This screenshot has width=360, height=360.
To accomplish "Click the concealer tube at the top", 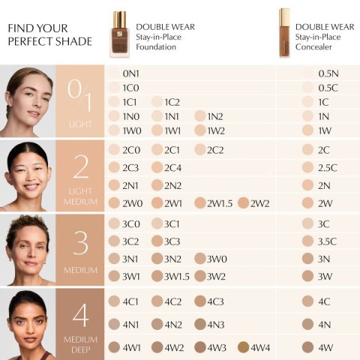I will [284, 32].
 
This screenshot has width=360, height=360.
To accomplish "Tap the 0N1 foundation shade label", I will [132, 73].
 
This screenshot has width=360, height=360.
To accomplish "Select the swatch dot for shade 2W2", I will [243, 202].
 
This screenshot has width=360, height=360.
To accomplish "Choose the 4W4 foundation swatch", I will [243, 347].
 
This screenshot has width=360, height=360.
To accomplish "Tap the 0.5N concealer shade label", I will [328, 73].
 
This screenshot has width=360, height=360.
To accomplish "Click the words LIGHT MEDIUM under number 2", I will [80, 196].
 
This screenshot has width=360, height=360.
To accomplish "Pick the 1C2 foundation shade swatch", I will [157, 102].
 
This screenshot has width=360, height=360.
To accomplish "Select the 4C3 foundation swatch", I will [199, 301].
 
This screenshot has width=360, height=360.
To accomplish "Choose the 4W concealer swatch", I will [307, 347].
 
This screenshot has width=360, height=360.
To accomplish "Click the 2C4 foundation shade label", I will [173, 167].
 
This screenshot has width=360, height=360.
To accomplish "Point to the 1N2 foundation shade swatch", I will [199, 116].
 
